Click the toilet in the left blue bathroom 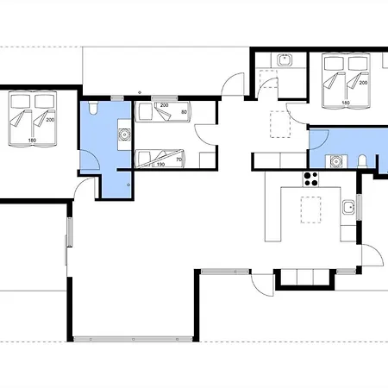tap(92, 109)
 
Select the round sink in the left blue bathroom tap(124, 135)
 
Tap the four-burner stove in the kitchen tap(311, 178)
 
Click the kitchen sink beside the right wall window tap(348, 207)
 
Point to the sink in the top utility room tap(285, 59)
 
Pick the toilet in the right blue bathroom tap(362, 161)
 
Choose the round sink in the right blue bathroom tap(335, 161)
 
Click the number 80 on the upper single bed tap(184, 112)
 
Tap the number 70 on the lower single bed tap(178, 160)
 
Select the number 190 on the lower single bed tap(160, 165)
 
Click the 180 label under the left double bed tap(32, 141)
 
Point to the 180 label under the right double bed tap(346, 103)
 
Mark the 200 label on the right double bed tap(363, 83)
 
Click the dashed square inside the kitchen tap(310, 210)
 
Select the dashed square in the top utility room tap(268, 78)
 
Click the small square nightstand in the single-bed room tap(207, 160)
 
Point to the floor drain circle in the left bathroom tap(128, 185)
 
